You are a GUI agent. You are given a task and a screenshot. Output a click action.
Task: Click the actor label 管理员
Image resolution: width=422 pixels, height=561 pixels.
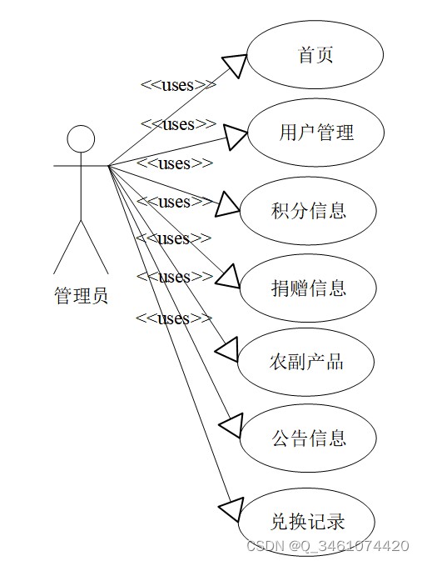(x=81, y=296)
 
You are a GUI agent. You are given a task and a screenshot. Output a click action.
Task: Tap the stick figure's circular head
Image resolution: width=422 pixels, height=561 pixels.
(x=81, y=139)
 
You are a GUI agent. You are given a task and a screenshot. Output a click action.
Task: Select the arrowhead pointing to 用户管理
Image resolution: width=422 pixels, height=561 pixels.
(x=236, y=137)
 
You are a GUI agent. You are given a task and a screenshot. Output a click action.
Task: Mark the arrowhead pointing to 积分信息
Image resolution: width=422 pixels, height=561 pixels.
(x=227, y=205)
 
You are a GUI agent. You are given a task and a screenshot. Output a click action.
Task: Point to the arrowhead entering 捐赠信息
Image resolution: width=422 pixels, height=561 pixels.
(x=229, y=278)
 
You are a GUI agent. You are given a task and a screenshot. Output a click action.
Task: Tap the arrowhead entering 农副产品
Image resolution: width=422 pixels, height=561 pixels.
(x=227, y=349)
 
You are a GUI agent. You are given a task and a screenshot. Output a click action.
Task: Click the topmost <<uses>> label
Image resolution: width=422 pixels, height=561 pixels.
(x=179, y=85)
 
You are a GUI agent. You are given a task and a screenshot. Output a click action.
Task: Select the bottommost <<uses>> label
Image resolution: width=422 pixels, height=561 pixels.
(x=174, y=318)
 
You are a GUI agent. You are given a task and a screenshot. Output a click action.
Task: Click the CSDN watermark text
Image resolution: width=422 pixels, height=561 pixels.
(x=328, y=546)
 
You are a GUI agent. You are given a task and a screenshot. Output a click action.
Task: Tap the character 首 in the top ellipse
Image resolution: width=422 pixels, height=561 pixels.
(x=306, y=55)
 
